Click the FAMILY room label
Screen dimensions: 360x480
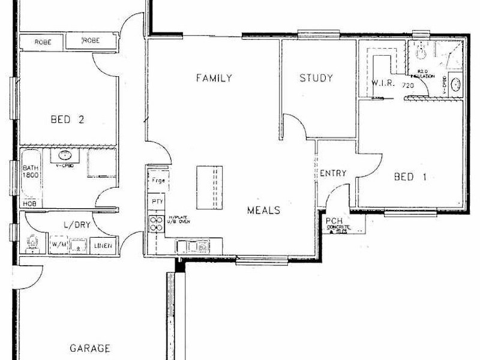coord(214,78)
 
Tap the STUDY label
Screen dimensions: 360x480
coord(316,78)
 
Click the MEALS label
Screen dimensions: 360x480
coord(264,211)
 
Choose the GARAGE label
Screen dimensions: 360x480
coord(90,348)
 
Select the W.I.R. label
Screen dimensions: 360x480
coord(383,83)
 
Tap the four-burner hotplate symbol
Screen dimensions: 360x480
coord(157,223)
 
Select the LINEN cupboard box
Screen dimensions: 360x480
coord(104,245)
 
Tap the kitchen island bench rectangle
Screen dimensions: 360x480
coord(209,187)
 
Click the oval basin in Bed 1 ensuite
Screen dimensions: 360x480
coord(455,84)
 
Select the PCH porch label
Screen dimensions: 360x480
coord(334,221)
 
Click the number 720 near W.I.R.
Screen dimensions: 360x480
coord(408,86)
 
